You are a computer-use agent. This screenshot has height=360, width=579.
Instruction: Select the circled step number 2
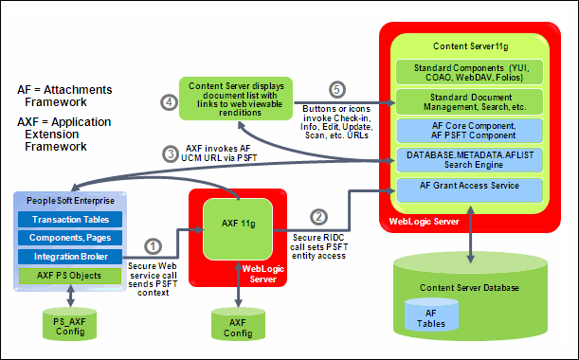tap(319, 217)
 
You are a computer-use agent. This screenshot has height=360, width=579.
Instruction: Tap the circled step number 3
tap(170, 153)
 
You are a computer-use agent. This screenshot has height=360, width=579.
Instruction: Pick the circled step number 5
tap(335, 90)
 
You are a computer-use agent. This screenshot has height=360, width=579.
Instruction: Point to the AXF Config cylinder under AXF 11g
tap(234, 327)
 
